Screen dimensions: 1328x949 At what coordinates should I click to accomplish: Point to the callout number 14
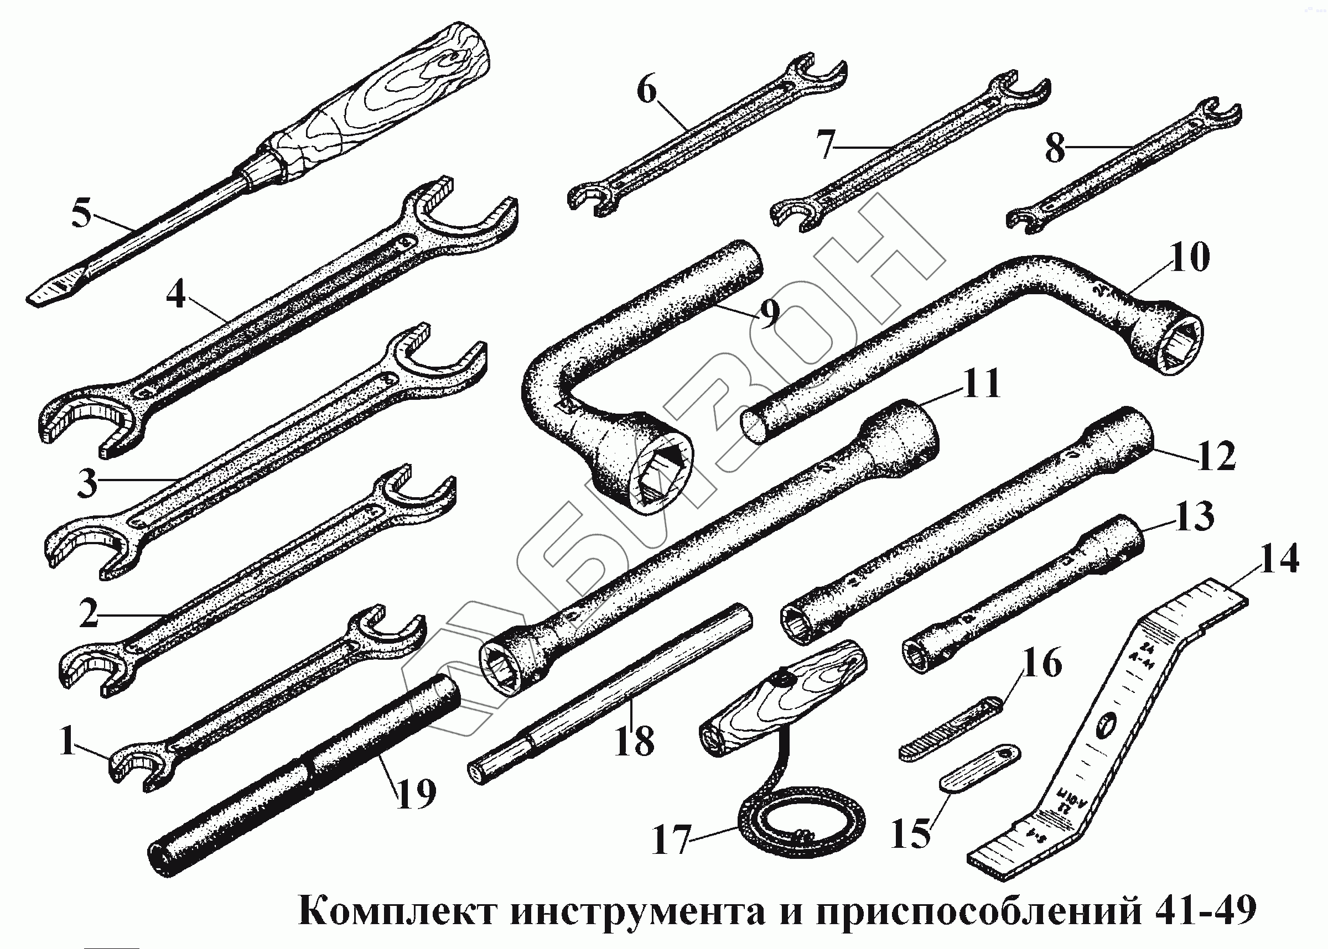pyautogui.click(x=1279, y=559)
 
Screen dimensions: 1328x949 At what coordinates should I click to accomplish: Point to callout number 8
pyautogui.click(x=1055, y=148)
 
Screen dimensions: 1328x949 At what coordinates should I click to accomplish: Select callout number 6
pyautogui.click(x=646, y=91)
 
